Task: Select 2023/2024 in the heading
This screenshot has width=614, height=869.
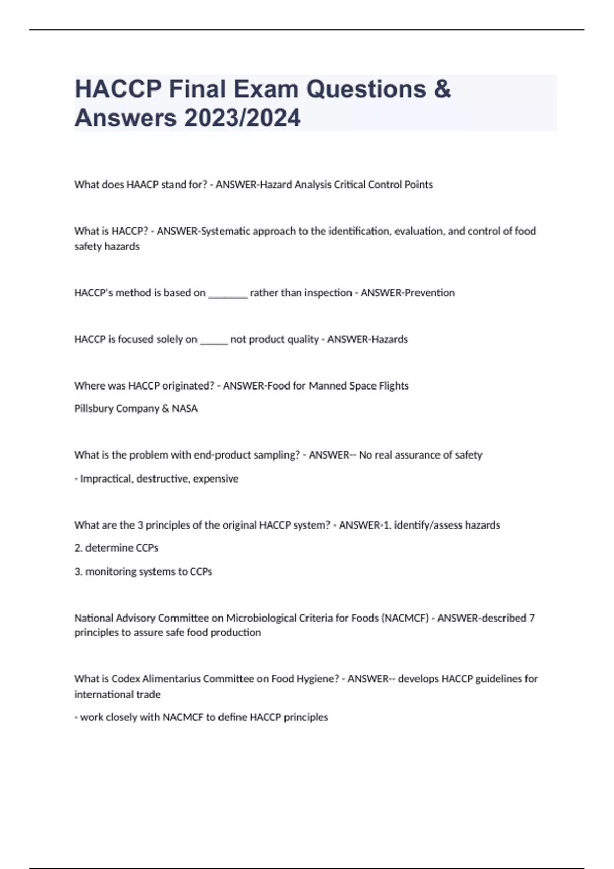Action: pyautogui.click(x=243, y=118)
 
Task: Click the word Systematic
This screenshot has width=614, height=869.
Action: pyautogui.click(x=225, y=231)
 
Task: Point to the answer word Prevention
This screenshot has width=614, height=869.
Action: pyautogui.click(x=429, y=293)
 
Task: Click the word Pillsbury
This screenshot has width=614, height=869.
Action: pyautogui.click(x=94, y=408)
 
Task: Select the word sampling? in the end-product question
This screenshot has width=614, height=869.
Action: pyautogui.click(x=279, y=455)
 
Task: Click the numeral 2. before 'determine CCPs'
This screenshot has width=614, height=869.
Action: pyautogui.click(x=78, y=548)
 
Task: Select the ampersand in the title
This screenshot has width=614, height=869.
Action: pyautogui.click(x=442, y=89)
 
